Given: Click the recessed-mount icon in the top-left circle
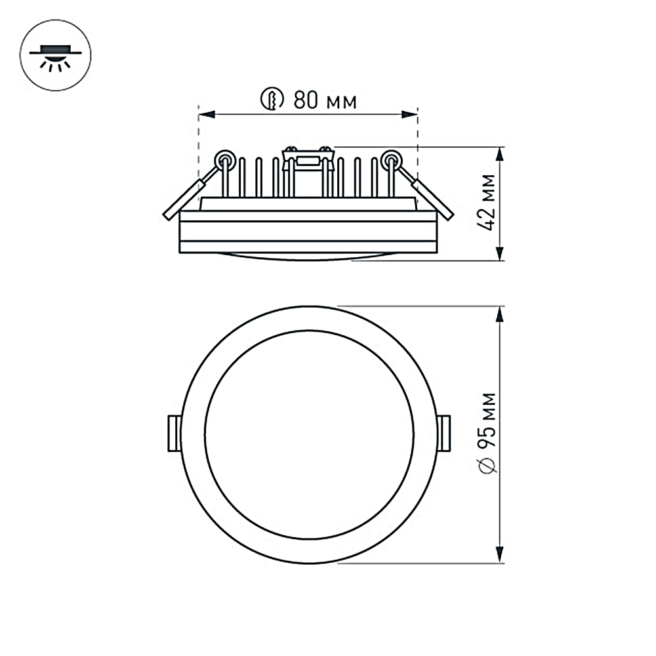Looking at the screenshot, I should click(56, 56).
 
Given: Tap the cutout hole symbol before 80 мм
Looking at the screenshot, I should click(272, 100).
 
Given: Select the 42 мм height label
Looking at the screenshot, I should click(487, 203).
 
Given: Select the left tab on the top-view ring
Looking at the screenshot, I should click(174, 433).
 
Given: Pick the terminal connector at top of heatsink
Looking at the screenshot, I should click(307, 157).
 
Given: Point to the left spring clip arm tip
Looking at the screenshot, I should click(169, 213).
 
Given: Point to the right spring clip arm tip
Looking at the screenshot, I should click(447, 213).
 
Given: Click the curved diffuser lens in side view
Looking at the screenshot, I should click(308, 256).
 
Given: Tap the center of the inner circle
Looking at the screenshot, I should click(309, 434).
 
